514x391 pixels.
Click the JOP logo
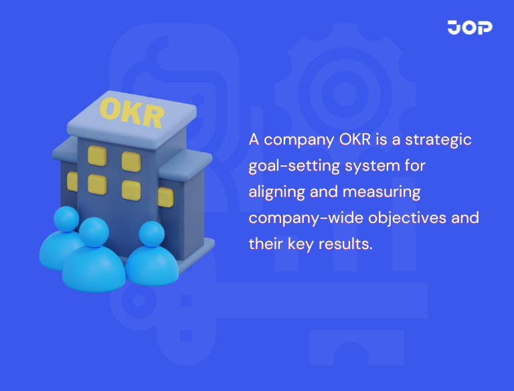pyautogui.click(x=469, y=27)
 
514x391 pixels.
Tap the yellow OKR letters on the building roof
pyautogui.click(x=131, y=112)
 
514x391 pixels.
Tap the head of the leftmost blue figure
pyautogui.click(x=66, y=220)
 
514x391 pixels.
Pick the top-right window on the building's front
pyautogui.click(x=131, y=161)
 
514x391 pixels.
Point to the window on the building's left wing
pyautogui.click(x=72, y=180)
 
